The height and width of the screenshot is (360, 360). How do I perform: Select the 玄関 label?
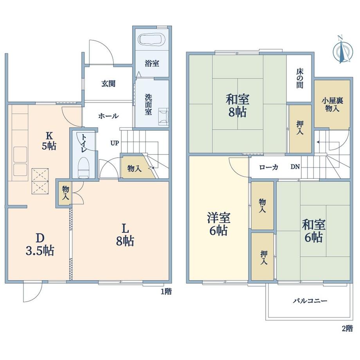click(x=108, y=84)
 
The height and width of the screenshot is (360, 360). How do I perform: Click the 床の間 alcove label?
click(x=299, y=78)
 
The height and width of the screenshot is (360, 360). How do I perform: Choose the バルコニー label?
click(x=310, y=301)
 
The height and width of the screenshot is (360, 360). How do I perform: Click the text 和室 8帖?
click(x=238, y=106)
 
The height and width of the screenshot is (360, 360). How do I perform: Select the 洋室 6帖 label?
click(x=218, y=224)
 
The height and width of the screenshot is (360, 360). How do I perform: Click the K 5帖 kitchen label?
click(x=49, y=141)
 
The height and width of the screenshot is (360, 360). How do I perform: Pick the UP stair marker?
click(x=114, y=143)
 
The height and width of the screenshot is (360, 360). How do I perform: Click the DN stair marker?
click(x=295, y=167)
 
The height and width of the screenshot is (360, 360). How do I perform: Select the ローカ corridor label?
click(x=269, y=167)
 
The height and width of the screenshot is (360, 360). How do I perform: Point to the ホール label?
click(x=108, y=116)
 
